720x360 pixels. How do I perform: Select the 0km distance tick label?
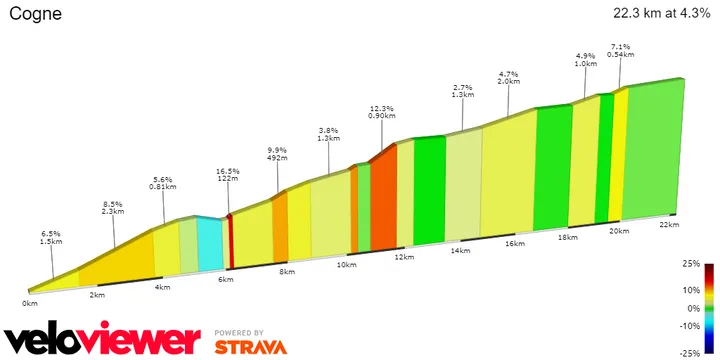click(31, 302)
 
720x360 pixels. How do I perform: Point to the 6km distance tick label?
click(225, 279)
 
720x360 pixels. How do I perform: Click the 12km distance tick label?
click(404, 257)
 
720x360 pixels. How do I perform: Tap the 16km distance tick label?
click(515, 244)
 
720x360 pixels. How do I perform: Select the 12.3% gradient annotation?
click(381, 108)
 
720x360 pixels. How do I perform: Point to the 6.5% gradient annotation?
click(51, 233)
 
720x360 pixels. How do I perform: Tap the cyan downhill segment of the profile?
click(210, 245)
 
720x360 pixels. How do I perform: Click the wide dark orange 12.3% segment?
click(383, 200)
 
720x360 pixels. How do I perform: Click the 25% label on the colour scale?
click(691, 265)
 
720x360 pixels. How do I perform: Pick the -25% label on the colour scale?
click(689, 353)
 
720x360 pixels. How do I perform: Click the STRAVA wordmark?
click(250, 347)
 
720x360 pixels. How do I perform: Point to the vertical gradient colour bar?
click(708, 308)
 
